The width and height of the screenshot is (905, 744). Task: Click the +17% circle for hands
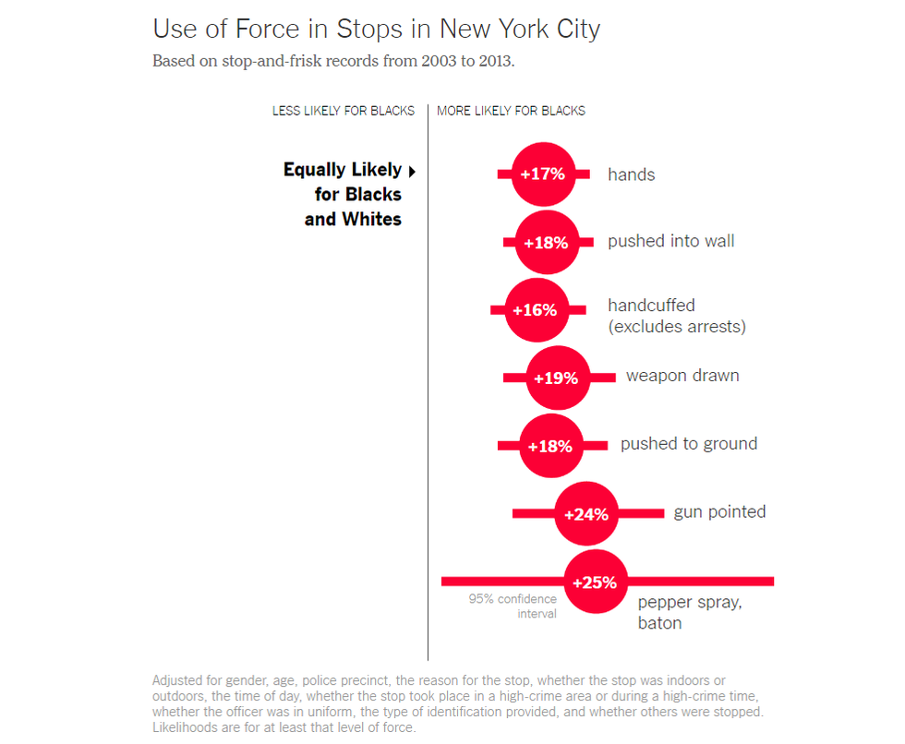(x=543, y=174)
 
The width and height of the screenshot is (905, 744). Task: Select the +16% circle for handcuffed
(x=535, y=310)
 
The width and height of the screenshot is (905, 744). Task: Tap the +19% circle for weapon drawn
(x=557, y=378)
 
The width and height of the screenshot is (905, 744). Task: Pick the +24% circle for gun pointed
(x=586, y=514)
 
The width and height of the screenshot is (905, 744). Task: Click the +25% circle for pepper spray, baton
(x=595, y=582)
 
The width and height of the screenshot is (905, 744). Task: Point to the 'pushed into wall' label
(x=670, y=241)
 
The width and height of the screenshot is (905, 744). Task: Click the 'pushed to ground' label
(x=688, y=444)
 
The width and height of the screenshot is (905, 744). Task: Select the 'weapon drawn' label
(x=682, y=376)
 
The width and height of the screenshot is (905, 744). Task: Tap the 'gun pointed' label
(x=719, y=511)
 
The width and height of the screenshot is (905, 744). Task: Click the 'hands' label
(x=631, y=174)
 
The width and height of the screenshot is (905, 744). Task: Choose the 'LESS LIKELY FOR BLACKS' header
(x=344, y=111)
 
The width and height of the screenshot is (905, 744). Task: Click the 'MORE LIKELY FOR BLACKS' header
(x=511, y=111)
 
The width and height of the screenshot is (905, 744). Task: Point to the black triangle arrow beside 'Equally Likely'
(x=412, y=171)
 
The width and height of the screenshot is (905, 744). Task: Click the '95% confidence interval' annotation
(x=513, y=606)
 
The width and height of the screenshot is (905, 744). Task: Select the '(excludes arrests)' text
(x=676, y=327)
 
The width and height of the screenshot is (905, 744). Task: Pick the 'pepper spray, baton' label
(x=689, y=613)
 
